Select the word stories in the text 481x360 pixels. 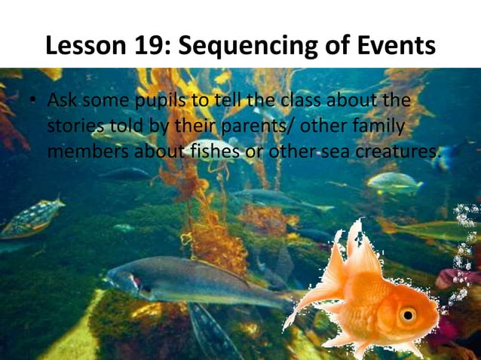72,126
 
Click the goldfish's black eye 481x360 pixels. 409,313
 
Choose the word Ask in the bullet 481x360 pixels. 63,100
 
